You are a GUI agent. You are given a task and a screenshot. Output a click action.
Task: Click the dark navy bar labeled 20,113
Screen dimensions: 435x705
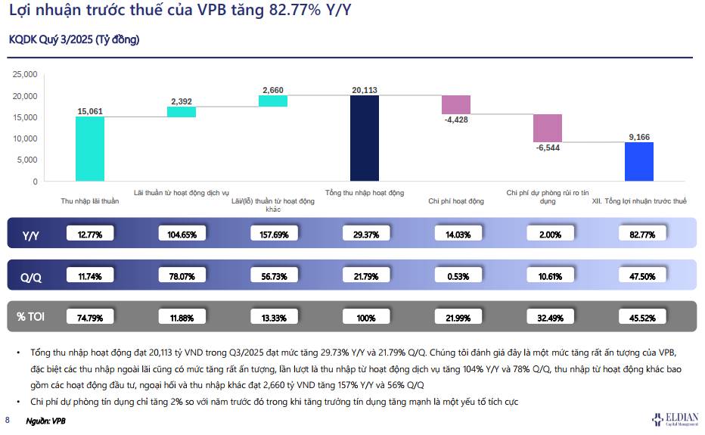click(365, 138)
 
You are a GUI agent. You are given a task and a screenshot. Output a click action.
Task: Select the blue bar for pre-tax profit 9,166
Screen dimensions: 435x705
click(639, 162)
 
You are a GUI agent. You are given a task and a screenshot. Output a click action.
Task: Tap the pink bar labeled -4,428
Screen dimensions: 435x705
click(456, 104)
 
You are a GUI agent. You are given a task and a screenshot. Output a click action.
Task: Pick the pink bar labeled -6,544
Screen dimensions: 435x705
click(548, 128)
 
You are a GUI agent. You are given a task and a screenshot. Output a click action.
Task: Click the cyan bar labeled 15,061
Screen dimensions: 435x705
click(90, 149)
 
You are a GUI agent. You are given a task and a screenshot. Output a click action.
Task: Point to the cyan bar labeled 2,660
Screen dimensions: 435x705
click(273, 101)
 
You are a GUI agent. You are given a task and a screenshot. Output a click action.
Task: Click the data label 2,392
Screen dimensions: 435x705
click(182, 101)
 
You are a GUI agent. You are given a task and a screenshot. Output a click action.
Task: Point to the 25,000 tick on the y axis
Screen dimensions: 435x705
click(25, 74)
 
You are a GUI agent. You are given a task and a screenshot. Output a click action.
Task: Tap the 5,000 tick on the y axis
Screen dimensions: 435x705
click(27, 160)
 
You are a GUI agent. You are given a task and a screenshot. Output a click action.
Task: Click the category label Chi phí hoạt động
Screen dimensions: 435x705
click(455, 201)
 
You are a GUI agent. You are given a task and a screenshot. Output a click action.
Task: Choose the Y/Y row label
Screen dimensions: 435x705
click(31, 235)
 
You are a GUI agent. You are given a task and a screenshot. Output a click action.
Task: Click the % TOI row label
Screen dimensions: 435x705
click(31, 316)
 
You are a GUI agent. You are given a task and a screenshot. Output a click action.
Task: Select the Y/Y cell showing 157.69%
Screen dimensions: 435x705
click(273, 235)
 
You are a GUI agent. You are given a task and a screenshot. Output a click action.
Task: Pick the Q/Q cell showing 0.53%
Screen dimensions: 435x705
click(456, 276)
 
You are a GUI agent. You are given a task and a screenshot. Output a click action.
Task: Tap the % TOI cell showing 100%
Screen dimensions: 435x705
click(365, 318)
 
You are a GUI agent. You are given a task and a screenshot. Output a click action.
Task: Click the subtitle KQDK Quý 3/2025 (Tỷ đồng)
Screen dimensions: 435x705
click(74, 39)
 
